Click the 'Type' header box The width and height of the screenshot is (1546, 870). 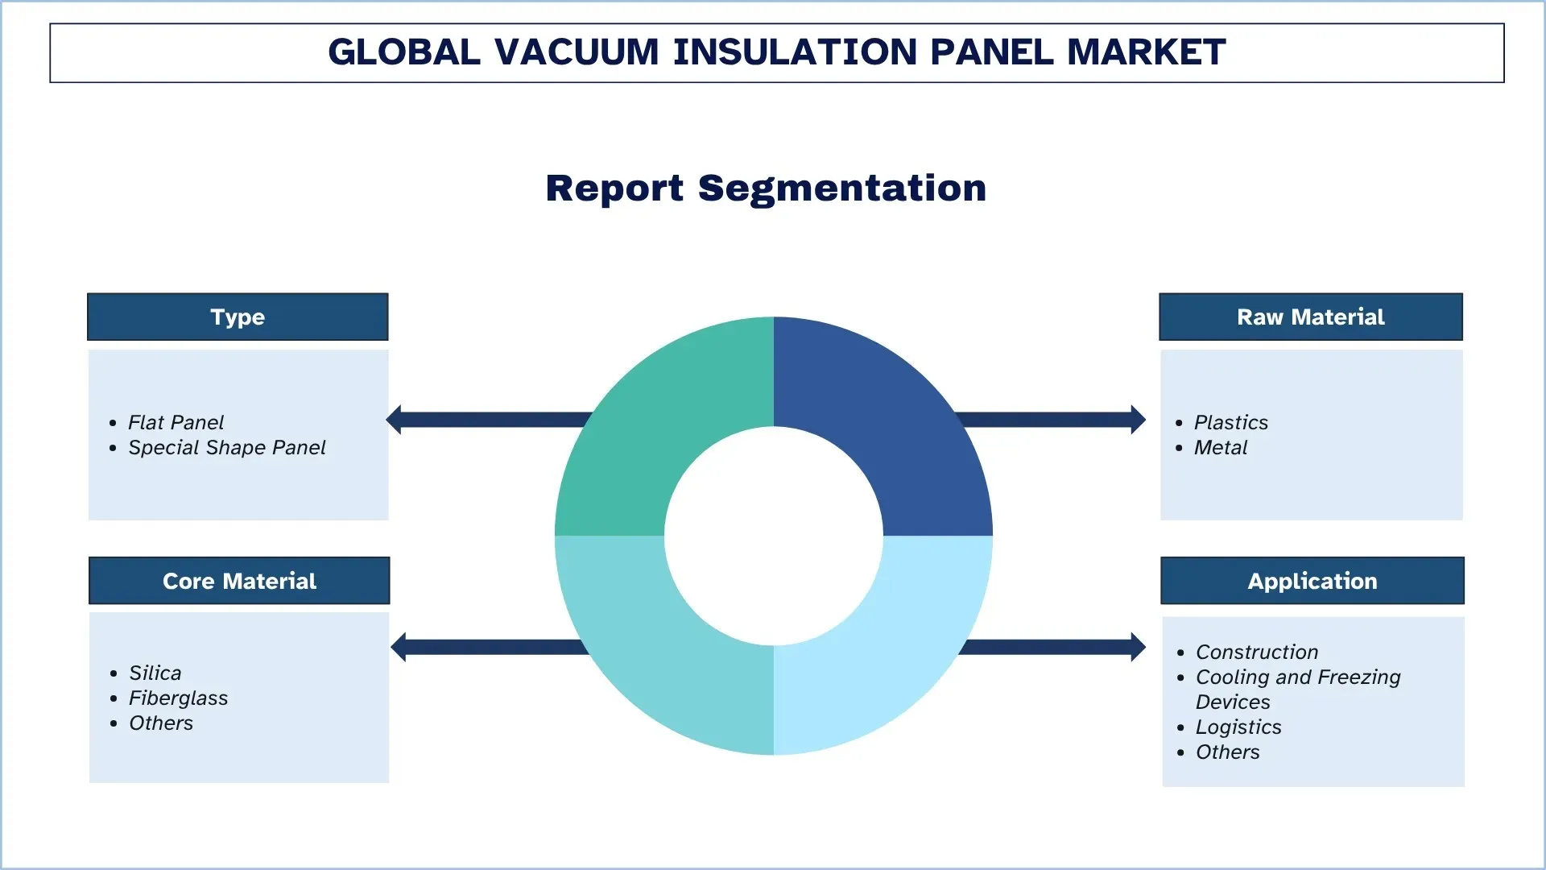pyautogui.click(x=238, y=317)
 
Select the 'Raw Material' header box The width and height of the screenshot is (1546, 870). pyautogui.click(x=1310, y=317)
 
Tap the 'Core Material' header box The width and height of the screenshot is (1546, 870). pyautogui.click(x=239, y=581)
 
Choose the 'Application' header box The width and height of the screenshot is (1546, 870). pyautogui.click(x=1312, y=581)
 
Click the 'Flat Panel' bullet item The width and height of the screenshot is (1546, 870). pyautogui.click(x=176, y=422)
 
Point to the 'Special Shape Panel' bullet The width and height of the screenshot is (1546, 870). pyautogui.click(x=226, y=447)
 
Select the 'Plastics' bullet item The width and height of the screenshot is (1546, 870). pyautogui.click(x=1230, y=422)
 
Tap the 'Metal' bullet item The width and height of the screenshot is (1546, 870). pyautogui.click(x=1220, y=447)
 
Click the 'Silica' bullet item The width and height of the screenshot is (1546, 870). pyautogui.click(x=155, y=673)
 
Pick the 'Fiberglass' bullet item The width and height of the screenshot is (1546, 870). pyautogui.click(x=178, y=698)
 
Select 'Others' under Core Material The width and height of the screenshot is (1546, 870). pyautogui.click(x=161, y=723)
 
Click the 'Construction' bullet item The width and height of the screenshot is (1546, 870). pyautogui.click(x=1256, y=652)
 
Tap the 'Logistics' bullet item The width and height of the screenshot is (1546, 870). pyautogui.click(x=1238, y=727)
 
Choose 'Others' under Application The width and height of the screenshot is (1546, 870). pyautogui.click(x=1227, y=752)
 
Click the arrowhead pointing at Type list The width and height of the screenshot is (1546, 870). pyautogui.click(x=395, y=420)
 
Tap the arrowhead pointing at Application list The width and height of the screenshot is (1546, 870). pyautogui.click(x=1138, y=647)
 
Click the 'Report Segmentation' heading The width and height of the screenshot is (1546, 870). pyautogui.click(x=766, y=188)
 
